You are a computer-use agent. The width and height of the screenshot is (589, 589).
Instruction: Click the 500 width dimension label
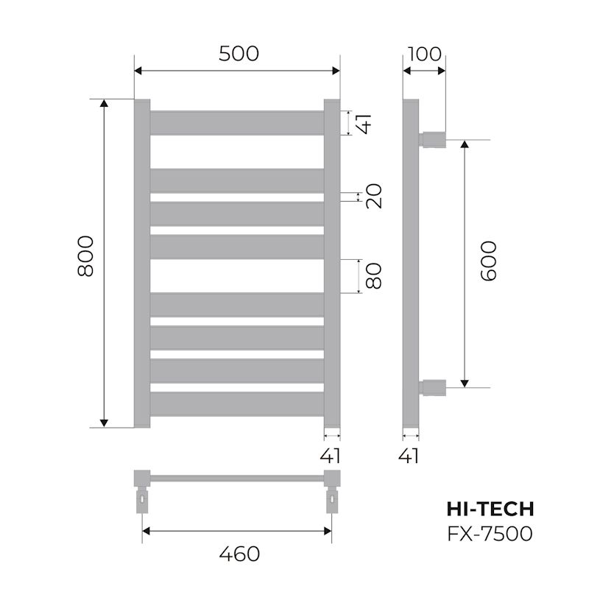click(239, 53)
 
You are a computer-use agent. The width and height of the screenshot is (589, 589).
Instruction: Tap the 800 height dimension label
click(85, 255)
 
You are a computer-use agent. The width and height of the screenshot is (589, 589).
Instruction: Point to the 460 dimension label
click(239, 553)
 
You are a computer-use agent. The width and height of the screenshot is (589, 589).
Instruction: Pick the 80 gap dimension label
click(374, 276)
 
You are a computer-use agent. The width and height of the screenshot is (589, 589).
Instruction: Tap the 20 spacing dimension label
click(374, 196)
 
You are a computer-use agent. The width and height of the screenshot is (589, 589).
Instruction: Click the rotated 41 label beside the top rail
click(363, 122)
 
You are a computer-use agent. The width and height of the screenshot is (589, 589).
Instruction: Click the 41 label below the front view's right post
click(331, 456)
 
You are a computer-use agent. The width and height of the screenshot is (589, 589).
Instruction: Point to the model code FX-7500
click(490, 533)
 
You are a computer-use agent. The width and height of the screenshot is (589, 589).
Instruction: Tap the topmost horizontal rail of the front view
click(237, 122)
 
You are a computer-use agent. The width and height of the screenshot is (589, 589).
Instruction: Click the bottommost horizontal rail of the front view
click(237, 403)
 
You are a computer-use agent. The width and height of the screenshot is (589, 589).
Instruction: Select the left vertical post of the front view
click(142, 263)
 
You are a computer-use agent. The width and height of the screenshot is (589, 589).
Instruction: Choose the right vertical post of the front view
click(332, 263)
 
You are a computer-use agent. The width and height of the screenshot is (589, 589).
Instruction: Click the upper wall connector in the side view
click(434, 138)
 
